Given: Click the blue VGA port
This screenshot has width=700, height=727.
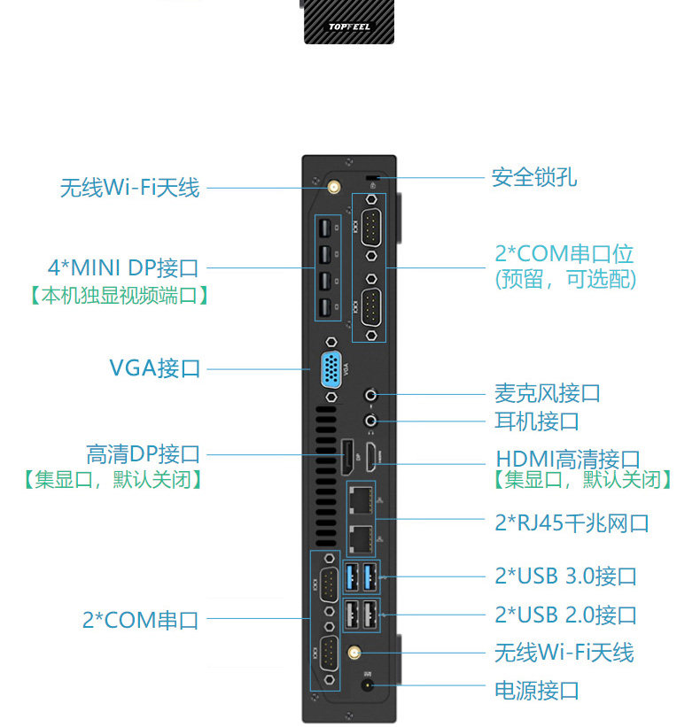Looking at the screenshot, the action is tap(331, 369).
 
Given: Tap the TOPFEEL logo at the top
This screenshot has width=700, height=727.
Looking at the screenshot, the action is tap(349, 27).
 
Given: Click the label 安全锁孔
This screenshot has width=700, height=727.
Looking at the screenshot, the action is tap(534, 178).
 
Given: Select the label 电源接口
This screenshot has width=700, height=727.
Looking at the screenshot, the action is tap(537, 691).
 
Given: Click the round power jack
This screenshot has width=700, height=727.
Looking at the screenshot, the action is tap(368, 685).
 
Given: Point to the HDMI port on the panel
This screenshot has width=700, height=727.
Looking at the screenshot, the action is tap(370, 457).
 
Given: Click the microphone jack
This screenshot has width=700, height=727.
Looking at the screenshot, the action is tap(370, 395).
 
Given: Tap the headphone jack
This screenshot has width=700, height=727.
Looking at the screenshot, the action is tap(370, 421).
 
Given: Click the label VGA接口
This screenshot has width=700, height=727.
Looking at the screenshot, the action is tap(154, 368).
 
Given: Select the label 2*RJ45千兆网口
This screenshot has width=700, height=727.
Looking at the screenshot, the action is tap(572, 523).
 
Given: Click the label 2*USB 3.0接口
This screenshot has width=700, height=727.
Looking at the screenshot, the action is tap(565, 576).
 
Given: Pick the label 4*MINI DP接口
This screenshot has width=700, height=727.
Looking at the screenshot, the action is tap(123, 268).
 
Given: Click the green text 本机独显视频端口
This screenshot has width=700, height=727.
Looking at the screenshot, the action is tap(120, 296).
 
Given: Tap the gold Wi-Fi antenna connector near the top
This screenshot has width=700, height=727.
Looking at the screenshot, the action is tap(333, 188).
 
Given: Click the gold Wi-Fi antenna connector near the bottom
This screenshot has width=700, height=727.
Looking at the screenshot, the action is tap(354, 654).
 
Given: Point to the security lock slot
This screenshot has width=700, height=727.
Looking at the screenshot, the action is tap(372, 178).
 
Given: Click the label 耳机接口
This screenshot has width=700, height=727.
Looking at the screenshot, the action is tap(537, 422).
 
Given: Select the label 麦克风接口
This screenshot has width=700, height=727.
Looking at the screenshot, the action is tap(548, 393).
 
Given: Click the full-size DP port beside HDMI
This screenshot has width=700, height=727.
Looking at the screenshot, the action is tap(347, 457).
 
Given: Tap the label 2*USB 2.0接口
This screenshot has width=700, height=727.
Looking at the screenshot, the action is tap(565, 615).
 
